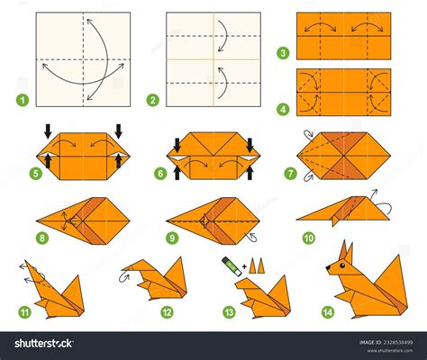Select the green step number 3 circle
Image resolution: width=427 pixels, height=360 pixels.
285,54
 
